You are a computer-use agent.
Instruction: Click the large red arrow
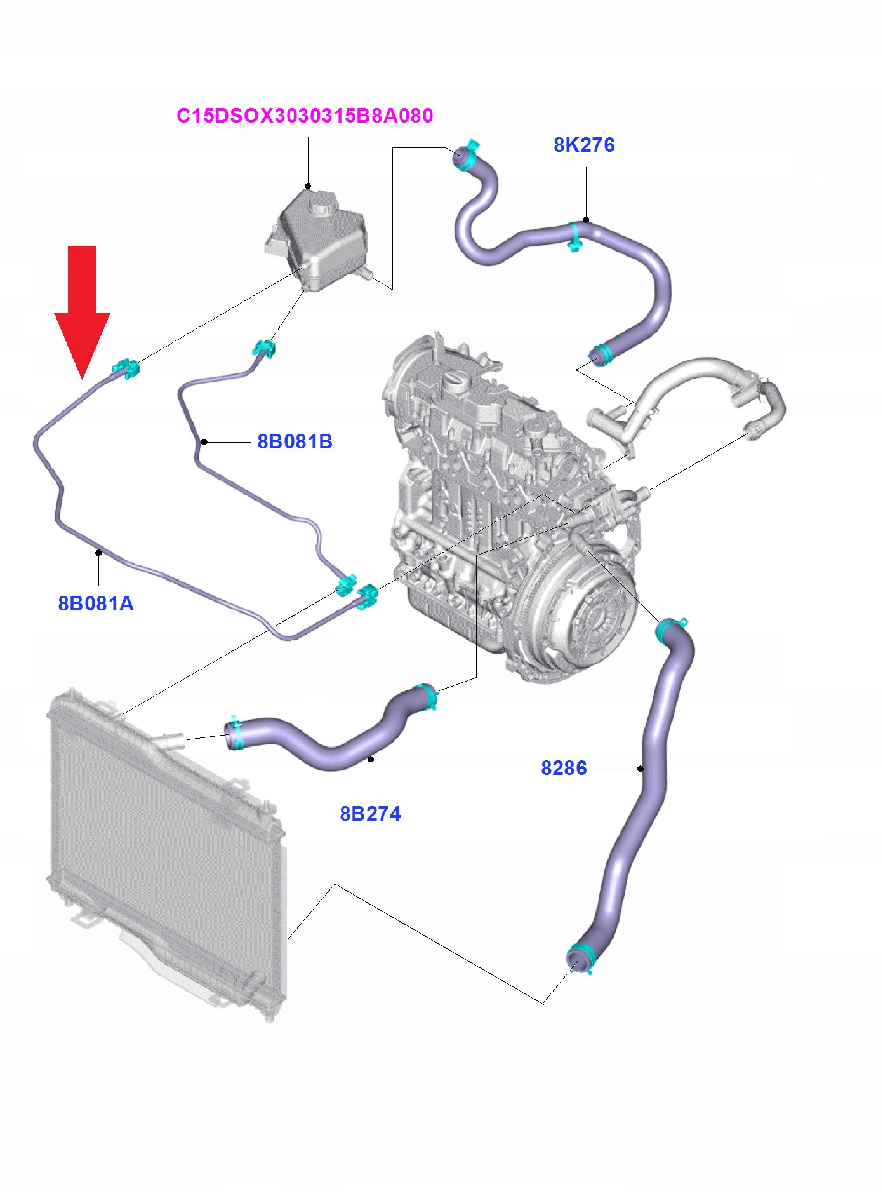tap(83, 305)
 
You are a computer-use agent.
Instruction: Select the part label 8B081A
tap(96, 603)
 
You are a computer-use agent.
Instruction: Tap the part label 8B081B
tap(295, 441)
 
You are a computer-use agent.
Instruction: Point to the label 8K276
tap(584, 145)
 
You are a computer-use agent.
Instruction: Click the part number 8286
tap(564, 768)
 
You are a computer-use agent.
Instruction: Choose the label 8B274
tap(370, 814)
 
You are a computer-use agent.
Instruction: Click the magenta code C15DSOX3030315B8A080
tap(305, 116)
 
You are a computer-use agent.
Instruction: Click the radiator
tap(165, 858)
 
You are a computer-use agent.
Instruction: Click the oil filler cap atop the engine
tap(456, 381)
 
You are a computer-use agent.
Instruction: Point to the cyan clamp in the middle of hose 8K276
tap(574, 236)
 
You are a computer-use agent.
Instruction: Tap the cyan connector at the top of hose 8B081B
tap(263, 349)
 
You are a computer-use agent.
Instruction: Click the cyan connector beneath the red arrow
tap(126, 368)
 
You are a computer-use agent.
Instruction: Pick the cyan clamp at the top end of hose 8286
tap(670, 630)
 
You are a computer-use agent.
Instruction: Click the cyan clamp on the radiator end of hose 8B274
tap(236, 733)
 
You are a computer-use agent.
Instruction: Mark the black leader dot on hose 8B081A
tap(98, 552)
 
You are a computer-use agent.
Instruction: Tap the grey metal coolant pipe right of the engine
tap(686, 381)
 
